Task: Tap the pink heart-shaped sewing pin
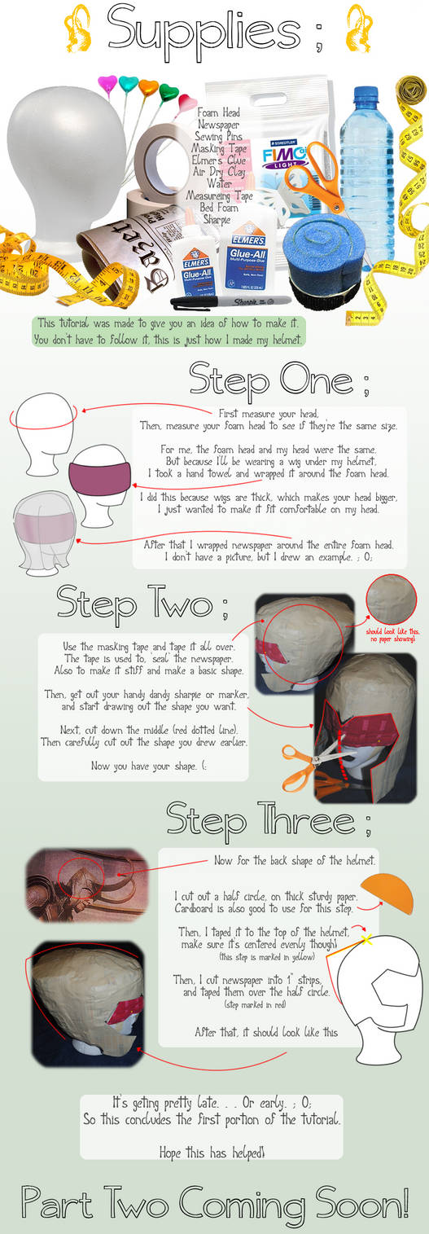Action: [x=107, y=85]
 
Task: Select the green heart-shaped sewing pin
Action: [x=169, y=91]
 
